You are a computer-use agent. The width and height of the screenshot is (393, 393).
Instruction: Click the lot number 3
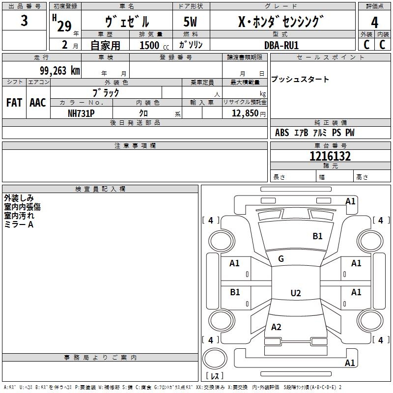click(x=25, y=21)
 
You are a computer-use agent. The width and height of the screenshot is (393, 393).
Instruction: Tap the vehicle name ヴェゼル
click(x=127, y=22)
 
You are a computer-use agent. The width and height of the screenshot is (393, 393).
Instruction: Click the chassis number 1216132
click(x=330, y=157)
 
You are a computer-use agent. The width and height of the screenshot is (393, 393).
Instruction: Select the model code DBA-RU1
click(x=281, y=45)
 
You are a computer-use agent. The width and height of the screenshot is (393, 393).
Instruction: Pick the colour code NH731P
click(x=81, y=113)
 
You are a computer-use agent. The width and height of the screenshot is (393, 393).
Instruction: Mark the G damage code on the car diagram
click(x=281, y=259)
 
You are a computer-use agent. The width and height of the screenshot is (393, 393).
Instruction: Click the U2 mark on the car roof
click(x=295, y=293)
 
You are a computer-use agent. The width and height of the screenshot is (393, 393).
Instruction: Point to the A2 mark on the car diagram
click(x=276, y=327)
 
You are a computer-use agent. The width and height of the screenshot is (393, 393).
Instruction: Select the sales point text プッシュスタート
click(x=300, y=80)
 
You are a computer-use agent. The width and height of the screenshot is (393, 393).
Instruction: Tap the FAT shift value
click(x=14, y=103)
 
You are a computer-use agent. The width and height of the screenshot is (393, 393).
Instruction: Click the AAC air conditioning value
click(x=37, y=103)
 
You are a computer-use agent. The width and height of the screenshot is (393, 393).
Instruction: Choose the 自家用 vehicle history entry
click(x=105, y=45)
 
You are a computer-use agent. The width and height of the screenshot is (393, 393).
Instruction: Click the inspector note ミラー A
click(x=19, y=224)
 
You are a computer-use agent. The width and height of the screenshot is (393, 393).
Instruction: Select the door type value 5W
click(x=190, y=22)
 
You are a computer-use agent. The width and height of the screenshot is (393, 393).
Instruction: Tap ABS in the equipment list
click(x=282, y=133)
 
